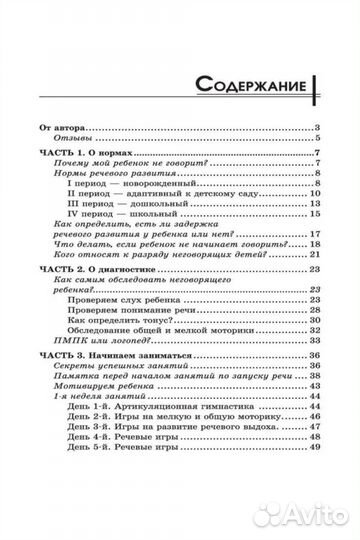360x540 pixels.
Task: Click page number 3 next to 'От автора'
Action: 315,128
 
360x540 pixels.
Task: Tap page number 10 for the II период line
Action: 313,202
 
